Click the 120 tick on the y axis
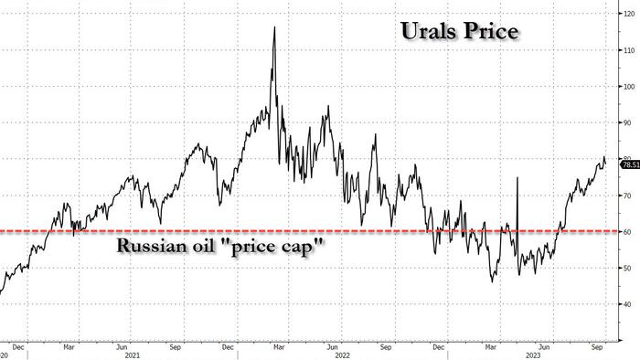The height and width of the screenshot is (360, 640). pyautogui.click(x=629, y=14)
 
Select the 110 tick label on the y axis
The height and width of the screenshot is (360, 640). pyautogui.click(x=629, y=50)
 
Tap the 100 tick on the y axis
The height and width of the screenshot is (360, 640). pyautogui.click(x=629, y=87)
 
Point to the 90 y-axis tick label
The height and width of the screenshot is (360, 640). pyautogui.click(x=627, y=122)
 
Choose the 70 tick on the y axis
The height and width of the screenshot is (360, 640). pyautogui.click(x=627, y=196)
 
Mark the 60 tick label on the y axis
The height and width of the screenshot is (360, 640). pyautogui.click(x=627, y=231)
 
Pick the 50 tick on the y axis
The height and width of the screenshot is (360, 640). pyautogui.click(x=627, y=268)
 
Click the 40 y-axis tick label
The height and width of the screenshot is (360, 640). pyautogui.click(x=627, y=304)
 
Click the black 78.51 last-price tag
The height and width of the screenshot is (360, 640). pyautogui.click(x=630, y=164)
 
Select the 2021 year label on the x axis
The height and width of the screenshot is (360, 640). pyautogui.click(x=133, y=355)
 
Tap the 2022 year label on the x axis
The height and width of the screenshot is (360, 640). pyautogui.click(x=343, y=355)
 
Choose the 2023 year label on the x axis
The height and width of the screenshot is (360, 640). pyautogui.click(x=533, y=355)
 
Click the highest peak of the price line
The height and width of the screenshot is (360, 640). pyautogui.click(x=274, y=26)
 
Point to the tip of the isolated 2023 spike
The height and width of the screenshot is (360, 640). pyautogui.click(x=517, y=177)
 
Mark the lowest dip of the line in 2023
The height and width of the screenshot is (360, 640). pyautogui.click(x=492, y=281)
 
